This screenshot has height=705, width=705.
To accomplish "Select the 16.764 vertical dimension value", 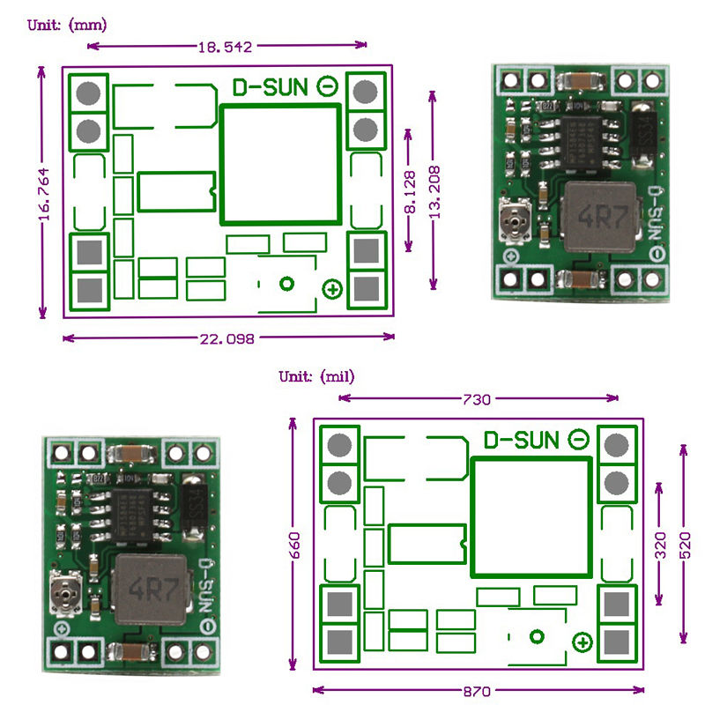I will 43,193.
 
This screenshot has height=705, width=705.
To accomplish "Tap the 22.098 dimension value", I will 227,338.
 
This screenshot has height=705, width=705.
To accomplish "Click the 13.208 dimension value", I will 434,190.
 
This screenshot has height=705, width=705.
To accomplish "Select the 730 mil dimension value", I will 476,399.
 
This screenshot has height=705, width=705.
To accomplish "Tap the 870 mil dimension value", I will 477,691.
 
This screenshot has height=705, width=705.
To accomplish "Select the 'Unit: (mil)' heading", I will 316,376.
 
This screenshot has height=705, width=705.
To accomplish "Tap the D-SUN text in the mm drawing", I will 270,86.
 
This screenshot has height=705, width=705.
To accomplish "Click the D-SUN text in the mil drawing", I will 521,439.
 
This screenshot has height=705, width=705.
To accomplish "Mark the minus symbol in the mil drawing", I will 579,439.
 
